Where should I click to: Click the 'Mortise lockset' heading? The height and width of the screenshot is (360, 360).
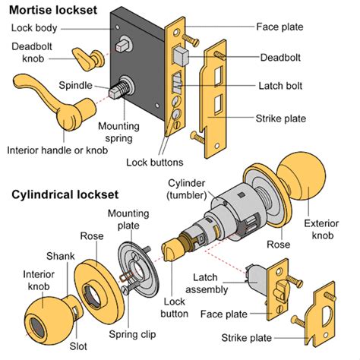[x=53, y=10]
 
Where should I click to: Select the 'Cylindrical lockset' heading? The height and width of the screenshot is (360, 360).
[x=65, y=195]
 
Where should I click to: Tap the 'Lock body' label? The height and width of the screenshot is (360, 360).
[x=34, y=28]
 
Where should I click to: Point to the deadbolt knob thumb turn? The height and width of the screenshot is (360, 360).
[x=88, y=59]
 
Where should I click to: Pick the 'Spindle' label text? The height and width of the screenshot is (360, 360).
[x=75, y=85]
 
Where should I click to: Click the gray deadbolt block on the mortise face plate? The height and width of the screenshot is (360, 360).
[x=181, y=56]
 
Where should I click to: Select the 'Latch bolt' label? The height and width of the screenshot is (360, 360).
[x=280, y=86]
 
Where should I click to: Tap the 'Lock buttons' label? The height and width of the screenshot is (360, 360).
[x=154, y=163]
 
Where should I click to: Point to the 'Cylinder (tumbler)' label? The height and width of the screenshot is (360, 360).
[x=187, y=189]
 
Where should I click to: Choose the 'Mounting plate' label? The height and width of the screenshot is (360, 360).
[x=128, y=219]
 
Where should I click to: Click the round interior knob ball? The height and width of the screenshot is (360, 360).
[x=48, y=321]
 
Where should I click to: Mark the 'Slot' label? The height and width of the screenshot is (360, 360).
[x=78, y=346]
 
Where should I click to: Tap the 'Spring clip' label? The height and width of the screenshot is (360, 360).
[x=132, y=334]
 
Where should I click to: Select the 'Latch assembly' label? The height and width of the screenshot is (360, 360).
[x=207, y=283]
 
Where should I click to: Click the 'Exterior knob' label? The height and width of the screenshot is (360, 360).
[x=321, y=229]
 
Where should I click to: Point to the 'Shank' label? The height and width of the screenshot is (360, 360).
[x=61, y=256]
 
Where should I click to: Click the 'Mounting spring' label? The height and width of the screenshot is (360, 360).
[x=118, y=132]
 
